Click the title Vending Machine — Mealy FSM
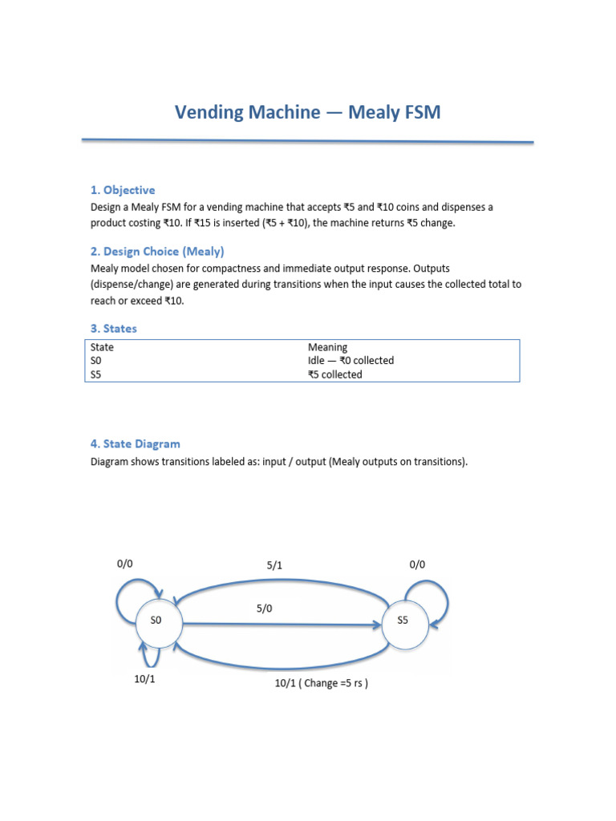pos(308,112)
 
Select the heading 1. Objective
pos(123,190)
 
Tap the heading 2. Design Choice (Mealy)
pos(157,251)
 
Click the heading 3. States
pos(113,328)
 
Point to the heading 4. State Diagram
pos(135,443)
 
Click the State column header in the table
pos(102,347)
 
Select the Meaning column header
pos(327,347)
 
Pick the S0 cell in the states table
pos(97,361)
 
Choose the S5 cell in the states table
pos(97,374)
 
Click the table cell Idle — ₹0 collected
pos(351,361)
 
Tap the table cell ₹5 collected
pos(334,374)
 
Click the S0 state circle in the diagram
pos(156,620)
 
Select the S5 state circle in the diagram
pos(403,621)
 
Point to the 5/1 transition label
pos(275,565)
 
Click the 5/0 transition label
pos(265,609)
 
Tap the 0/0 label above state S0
pos(124,564)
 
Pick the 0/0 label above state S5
pos(417,564)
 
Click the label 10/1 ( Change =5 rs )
pos(321,684)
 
